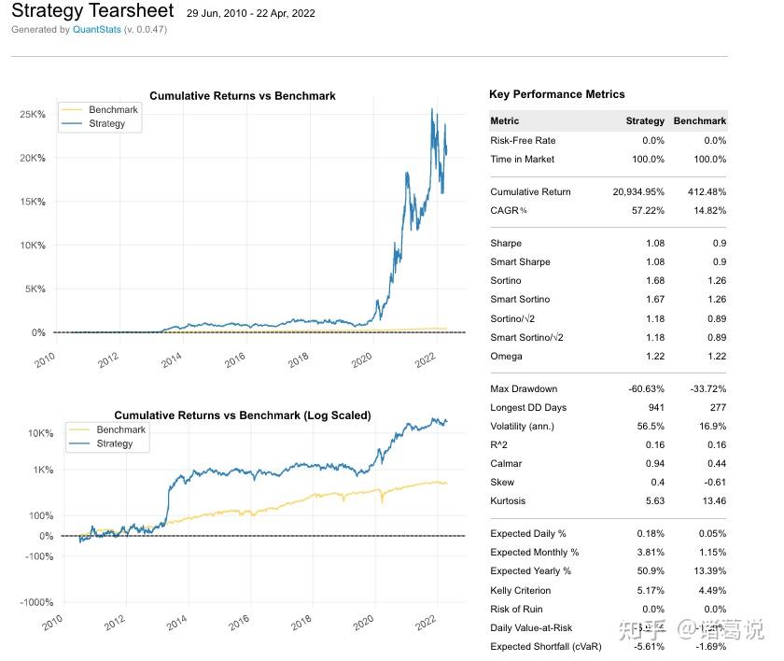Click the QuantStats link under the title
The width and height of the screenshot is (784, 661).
coord(96,30)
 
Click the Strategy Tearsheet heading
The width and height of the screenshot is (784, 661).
coord(92,11)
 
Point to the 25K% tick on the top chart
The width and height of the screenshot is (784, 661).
coord(33,114)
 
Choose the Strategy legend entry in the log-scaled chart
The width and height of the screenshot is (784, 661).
coord(115,443)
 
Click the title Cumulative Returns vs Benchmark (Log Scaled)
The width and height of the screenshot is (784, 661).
coord(242,415)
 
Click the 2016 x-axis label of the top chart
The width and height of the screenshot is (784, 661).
coord(234,358)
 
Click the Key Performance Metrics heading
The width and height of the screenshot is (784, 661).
coord(557,94)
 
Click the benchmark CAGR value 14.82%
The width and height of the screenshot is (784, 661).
coord(708,210)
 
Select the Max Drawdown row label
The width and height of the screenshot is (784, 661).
coord(524,388)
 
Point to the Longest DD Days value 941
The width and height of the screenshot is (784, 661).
coord(655,407)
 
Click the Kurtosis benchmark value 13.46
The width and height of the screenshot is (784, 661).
coord(713,500)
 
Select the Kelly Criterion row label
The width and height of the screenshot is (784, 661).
coord(521,590)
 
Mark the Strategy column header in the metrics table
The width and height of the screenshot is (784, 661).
coord(645,120)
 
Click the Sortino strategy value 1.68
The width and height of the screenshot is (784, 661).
coord(654,280)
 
